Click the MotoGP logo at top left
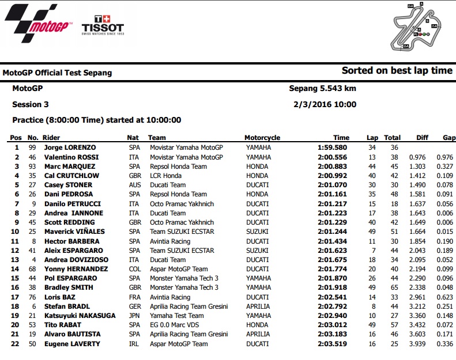39,21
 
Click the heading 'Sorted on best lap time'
397,71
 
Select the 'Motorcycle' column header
262,138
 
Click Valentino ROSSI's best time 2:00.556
333,157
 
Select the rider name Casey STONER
71,185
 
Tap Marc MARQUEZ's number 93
33,166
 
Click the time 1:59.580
333,147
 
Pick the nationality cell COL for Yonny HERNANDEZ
134,269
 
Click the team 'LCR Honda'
167,176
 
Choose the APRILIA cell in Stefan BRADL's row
259,306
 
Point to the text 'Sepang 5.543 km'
322,89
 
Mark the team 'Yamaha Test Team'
177,316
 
